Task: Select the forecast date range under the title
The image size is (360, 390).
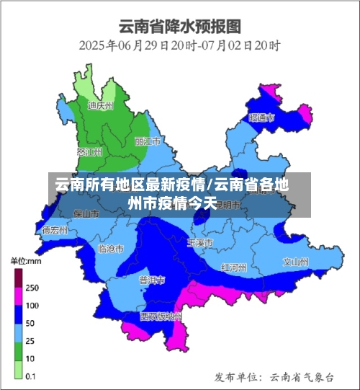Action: [x=179, y=45]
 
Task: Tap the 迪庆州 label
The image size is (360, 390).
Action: [x=100, y=105]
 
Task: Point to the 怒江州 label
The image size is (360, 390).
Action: [x=89, y=151]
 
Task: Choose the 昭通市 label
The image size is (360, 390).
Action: [x=261, y=117]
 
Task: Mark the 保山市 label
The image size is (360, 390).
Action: [x=85, y=213]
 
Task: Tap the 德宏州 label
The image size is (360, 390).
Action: [x=55, y=231]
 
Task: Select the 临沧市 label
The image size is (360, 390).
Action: [x=110, y=248]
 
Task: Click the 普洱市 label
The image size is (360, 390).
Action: [x=152, y=279]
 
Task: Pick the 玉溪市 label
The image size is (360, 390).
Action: [x=199, y=243]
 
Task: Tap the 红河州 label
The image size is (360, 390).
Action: [x=234, y=267]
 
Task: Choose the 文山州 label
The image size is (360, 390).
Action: [x=295, y=261]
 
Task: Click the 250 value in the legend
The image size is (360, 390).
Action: [x=32, y=287]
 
